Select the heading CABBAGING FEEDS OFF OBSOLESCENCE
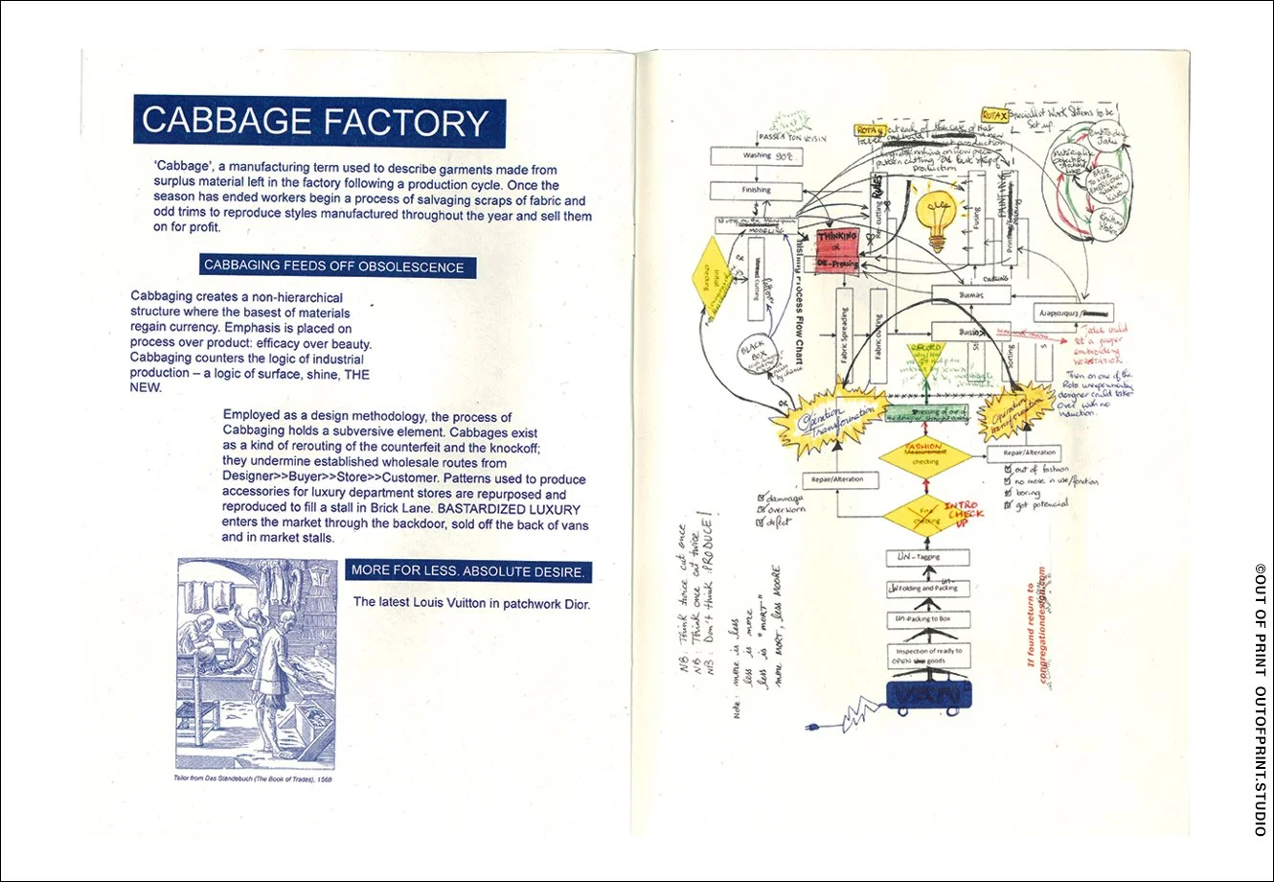[x=333, y=266]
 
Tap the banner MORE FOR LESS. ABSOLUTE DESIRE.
[x=467, y=570]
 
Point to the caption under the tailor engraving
[x=253, y=778]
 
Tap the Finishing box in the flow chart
[x=756, y=190]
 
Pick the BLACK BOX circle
[x=754, y=353]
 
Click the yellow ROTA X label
[x=994, y=116]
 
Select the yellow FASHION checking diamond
[x=925, y=455]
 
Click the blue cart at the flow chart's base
[x=925, y=695]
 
